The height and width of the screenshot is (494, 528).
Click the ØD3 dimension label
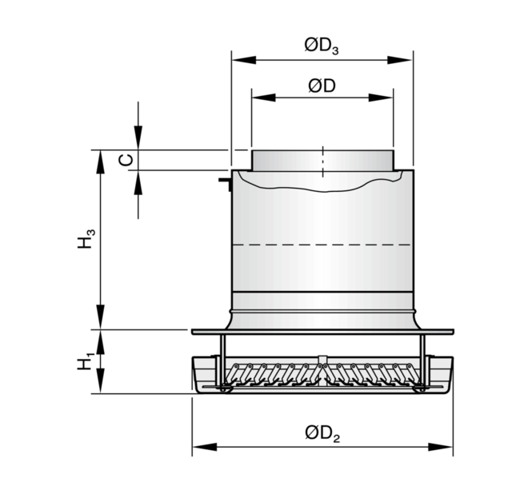pyautogui.click(x=322, y=46)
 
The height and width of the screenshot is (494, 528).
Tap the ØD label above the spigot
pyautogui.click(x=322, y=86)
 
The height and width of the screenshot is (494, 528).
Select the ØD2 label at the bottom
pyautogui.click(x=322, y=433)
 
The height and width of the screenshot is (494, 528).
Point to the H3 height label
pyautogui.click(x=86, y=238)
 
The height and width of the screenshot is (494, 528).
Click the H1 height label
pyautogui.click(x=86, y=361)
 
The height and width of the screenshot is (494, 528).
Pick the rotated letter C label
pyautogui.click(x=126, y=160)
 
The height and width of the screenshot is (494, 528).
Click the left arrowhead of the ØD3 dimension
pyautogui.click(x=244, y=60)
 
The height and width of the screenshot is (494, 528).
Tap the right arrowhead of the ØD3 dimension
pyautogui.click(x=400, y=60)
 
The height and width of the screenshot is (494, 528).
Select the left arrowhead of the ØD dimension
pyautogui.click(x=264, y=98)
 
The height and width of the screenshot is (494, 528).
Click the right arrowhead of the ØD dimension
pyautogui.click(x=381, y=98)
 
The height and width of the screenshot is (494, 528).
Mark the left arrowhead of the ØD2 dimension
pyautogui.click(x=204, y=447)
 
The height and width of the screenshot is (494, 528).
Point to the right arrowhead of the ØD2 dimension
pyautogui.click(x=441, y=447)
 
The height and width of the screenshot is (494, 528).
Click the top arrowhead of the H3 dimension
pyautogui.click(x=100, y=161)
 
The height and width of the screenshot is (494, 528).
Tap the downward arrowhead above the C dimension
pyautogui.click(x=138, y=137)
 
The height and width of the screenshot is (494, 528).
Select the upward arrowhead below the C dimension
pyautogui.click(x=138, y=182)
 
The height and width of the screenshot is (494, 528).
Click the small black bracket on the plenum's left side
pyautogui.click(x=225, y=184)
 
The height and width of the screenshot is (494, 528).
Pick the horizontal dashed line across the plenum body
pyautogui.click(x=322, y=245)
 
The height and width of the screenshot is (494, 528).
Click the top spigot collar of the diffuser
pyautogui.click(x=322, y=161)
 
